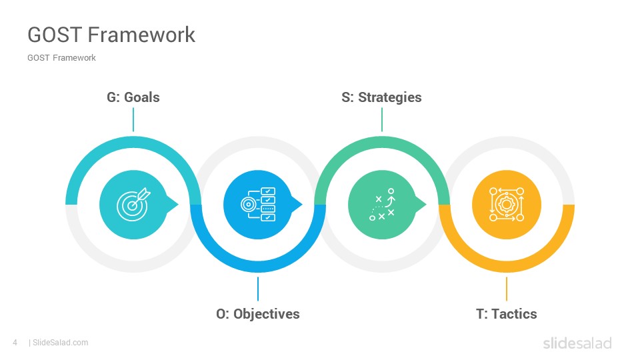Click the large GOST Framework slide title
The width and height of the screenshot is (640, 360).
(111, 35)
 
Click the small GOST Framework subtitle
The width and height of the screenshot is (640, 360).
(61, 58)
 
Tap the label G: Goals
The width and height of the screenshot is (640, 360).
(133, 97)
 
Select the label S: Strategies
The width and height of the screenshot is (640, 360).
(381, 97)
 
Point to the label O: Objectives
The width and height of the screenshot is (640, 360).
(258, 313)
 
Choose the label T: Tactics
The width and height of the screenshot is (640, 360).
(507, 313)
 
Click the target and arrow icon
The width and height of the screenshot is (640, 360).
(133, 204)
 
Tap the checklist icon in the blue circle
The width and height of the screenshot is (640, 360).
(258, 204)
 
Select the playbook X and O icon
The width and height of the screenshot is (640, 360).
(382, 204)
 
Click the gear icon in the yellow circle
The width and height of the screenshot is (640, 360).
(507, 204)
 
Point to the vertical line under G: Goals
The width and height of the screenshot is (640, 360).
(133, 119)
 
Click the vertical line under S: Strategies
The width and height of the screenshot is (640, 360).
(382, 119)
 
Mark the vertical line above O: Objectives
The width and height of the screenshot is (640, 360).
(258, 289)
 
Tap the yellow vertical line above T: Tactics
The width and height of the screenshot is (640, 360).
(507, 289)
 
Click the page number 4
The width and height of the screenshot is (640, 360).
(15, 343)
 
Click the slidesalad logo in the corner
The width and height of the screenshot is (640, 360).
(577, 343)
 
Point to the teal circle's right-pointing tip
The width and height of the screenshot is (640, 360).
(179, 204)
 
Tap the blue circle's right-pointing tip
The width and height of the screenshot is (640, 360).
(303, 204)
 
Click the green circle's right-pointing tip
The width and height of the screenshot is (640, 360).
(427, 204)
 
